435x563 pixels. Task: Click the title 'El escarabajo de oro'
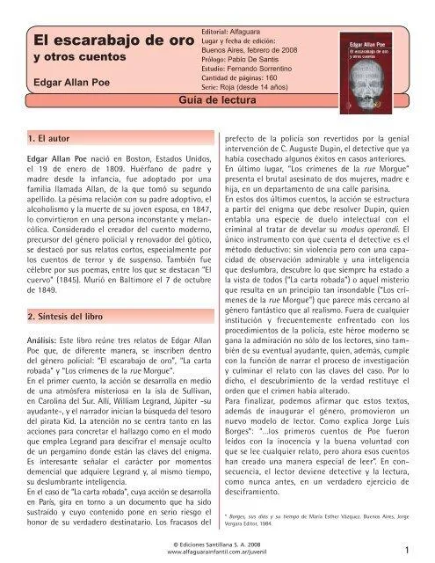coord(101,40)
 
